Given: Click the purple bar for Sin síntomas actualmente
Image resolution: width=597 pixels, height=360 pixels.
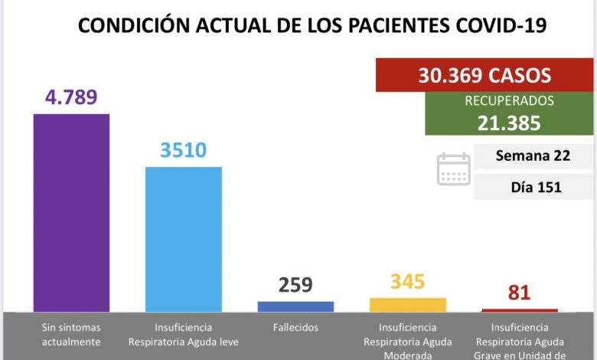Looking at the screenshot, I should click(x=71, y=212).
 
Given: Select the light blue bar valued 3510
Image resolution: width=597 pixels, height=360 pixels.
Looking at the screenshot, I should click(x=184, y=239).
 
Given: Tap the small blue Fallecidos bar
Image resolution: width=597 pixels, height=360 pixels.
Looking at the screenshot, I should click(x=295, y=306).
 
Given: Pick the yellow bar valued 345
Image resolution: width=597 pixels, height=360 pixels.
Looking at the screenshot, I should click(x=407, y=304).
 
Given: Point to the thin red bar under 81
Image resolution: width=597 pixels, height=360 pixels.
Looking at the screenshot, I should click(x=520, y=310).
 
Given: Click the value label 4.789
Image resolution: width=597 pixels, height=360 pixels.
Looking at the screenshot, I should click(x=71, y=98).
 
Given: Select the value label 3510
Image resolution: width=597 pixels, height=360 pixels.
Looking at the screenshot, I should click(x=184, y=149).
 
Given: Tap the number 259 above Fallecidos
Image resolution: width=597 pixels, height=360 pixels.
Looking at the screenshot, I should click(x=295, y=285).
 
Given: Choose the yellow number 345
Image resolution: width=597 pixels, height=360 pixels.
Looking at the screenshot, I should click(x=407, y=281).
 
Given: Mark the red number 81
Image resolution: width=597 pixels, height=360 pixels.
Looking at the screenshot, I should click(x=520, y=293).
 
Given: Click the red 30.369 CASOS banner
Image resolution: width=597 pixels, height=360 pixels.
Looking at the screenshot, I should click(x=484, y=76).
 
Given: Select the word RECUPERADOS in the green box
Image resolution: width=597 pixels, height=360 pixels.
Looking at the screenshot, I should click(x=509, y=100).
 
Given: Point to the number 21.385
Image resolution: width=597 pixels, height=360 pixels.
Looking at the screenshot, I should click(x=509, y=122).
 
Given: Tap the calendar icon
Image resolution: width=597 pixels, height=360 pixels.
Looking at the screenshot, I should click(x=454, y=169).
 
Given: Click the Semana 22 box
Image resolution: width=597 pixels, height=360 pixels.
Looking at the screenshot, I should click(x=533, y=156).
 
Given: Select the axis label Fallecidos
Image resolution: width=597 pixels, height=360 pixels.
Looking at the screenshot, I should click(x=295, y=327).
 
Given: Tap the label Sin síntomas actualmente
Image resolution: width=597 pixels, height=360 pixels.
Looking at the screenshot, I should click(x=71, y=334).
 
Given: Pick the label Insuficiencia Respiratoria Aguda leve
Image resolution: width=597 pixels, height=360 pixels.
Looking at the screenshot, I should click(x=184, y=334).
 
